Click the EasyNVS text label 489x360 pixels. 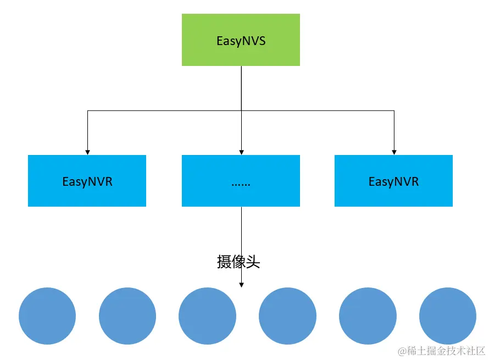(x=241, y=41)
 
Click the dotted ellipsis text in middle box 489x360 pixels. (x=241, y=183)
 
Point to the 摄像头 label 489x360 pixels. (x=238, y=262)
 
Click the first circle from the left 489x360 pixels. (x=47, y=316)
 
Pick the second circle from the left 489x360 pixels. (x=127, y=316)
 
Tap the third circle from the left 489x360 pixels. (x=207, y=316)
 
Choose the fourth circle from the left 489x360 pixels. (x=287, y=316)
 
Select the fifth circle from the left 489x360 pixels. (x=368, y=316)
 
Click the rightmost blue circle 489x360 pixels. (x=447, y=316)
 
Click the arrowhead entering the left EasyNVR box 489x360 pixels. (x=87, y=152)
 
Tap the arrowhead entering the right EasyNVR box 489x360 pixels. (x=394, y=152)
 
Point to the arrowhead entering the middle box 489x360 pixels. (x=241, y=152)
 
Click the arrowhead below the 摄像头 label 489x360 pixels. (x=241, y=284)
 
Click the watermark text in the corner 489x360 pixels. (x=442, y=350)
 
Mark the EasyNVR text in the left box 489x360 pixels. (x=87, y=182)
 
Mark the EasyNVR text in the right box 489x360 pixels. (x=393, y=182)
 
